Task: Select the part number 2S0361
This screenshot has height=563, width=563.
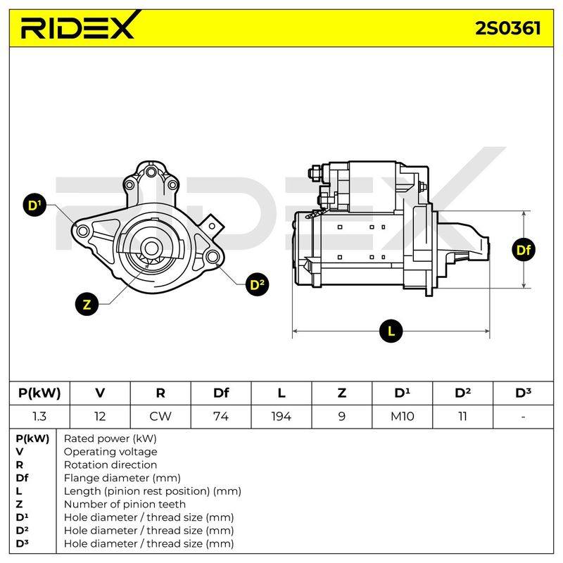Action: coord(507,28)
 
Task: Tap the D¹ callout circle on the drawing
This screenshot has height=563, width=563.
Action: coord(34,205)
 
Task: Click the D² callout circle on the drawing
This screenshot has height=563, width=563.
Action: coord(257,285)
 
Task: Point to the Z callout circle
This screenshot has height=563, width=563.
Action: coord(87,304)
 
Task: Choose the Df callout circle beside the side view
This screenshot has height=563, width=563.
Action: coord(523,250)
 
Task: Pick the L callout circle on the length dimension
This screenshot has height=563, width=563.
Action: coord(391,331)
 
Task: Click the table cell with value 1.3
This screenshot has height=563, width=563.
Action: coord(39,417)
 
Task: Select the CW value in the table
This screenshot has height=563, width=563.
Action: coord(160,417)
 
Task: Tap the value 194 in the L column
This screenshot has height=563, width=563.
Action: coord(281,417)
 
